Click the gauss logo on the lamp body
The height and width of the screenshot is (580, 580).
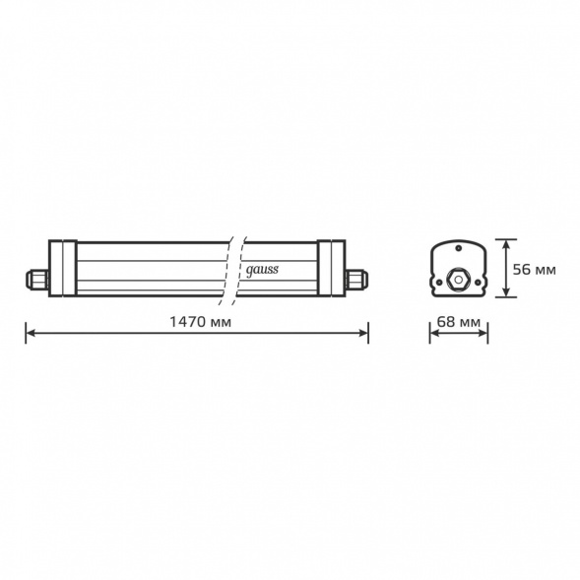pyautogui.click(x=262, y=270)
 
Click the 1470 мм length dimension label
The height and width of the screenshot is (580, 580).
pyautogui.click(x=201, y=322)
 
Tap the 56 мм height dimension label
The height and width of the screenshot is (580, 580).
pyautogui.click(x=534, y=270)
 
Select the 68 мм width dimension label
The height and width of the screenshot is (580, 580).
pyautogui.click(x=459, y=322)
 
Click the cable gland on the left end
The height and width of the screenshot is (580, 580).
pyautogui.click(x=37, y=279)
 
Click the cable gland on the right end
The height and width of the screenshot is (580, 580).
pyautogui.click(x=356, y=279)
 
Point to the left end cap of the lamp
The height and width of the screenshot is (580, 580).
pyautogui.click(x=63, y=268)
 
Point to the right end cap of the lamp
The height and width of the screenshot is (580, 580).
pyautogui.click(x=332, y=268)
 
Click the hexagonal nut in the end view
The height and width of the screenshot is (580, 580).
pyautogui.click(x=458, y=279)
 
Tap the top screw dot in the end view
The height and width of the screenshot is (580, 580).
pyautogui.click(x=459, y=248)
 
